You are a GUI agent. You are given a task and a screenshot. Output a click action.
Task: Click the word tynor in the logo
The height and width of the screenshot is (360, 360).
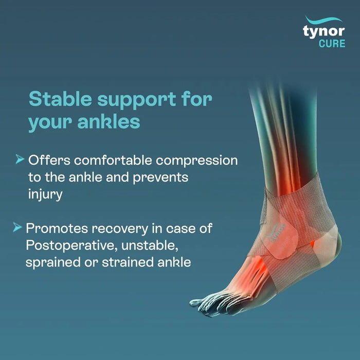click(x=323, y=30)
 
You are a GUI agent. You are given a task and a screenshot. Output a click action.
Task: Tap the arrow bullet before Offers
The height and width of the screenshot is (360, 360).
click(x=20, y=160)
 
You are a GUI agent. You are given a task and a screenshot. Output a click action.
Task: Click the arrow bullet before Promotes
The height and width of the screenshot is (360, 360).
click(x=18, y=227)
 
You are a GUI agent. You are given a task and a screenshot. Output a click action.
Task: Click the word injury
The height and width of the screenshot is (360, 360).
click(x=46, y=195)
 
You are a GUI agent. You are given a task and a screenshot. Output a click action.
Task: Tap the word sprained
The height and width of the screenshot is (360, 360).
click(x=51, y=262)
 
